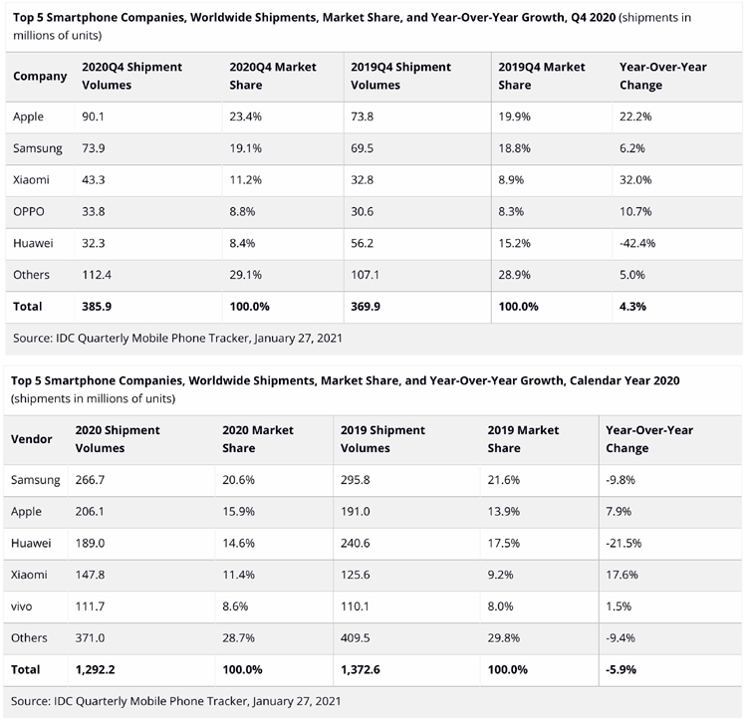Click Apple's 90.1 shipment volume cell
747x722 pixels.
93,117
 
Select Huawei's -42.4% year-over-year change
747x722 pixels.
637,243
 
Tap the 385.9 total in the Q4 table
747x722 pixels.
97,307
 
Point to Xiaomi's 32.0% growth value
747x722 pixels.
635,180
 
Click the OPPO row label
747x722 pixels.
29,211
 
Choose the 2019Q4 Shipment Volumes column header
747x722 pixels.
400,76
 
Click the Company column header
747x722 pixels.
40,77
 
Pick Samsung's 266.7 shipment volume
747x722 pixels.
90,480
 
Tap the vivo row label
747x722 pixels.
22,606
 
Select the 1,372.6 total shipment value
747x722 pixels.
361,669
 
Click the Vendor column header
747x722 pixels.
32,439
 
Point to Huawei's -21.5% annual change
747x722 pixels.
623,543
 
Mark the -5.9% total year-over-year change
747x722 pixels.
621,669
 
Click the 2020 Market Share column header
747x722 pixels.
258,439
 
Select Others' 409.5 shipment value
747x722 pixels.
355,637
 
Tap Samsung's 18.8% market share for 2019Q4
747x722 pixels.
515,148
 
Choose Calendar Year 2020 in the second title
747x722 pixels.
624,380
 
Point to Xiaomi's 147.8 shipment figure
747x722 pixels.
90,575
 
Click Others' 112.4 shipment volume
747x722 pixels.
97,275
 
